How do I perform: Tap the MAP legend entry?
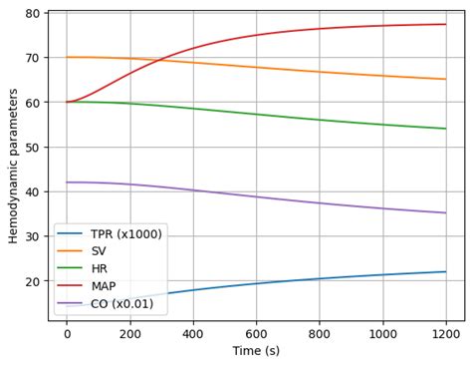click(x=104, y=286)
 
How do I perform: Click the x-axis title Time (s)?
click(x=256, y=351)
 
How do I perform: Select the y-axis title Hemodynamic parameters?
click(x=13, y=166)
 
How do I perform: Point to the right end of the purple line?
click(x=445, y=212)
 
